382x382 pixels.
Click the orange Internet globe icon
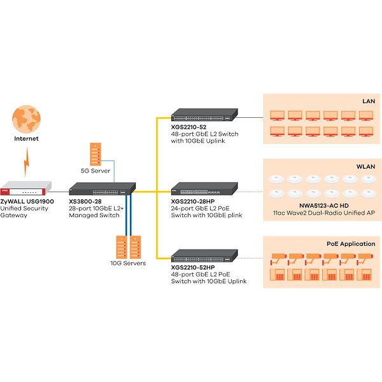pos(26,119)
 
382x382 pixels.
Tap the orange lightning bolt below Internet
pos(27,162)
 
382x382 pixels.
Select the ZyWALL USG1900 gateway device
pos(26,188)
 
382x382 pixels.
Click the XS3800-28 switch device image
pos(102,189)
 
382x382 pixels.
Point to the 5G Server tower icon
pos(95,154)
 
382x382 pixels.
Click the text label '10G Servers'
pos(128,263)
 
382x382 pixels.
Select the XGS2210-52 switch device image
pos(204,115)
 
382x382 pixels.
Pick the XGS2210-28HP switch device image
pos(204,188)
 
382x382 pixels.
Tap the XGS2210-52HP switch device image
pos(204,256)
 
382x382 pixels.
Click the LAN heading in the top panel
pos(369,101)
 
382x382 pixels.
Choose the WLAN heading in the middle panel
pos(365,167)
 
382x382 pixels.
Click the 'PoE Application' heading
pos(351,244)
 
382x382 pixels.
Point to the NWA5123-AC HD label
pos(324,206)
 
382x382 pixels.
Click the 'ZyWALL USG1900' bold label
pos(27,201)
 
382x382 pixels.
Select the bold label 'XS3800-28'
pos(85,201)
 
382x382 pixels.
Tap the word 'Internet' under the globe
pos(26,139)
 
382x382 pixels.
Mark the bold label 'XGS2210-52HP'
pos(193,267)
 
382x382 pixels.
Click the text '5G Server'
pos(95,171)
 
